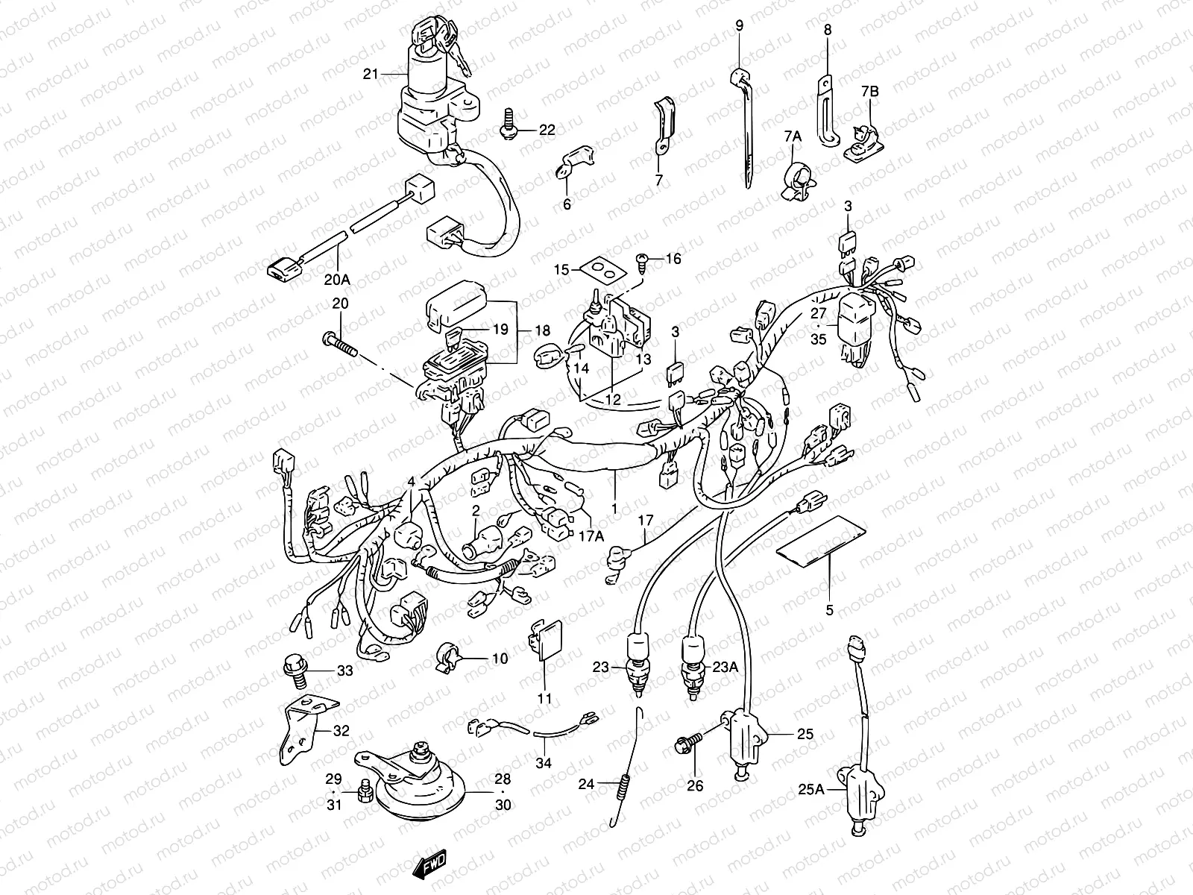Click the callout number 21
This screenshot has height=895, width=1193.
tap(371, 73)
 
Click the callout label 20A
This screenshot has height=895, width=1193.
tap(337, 280)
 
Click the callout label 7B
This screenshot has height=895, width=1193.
tap(870, 91)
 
